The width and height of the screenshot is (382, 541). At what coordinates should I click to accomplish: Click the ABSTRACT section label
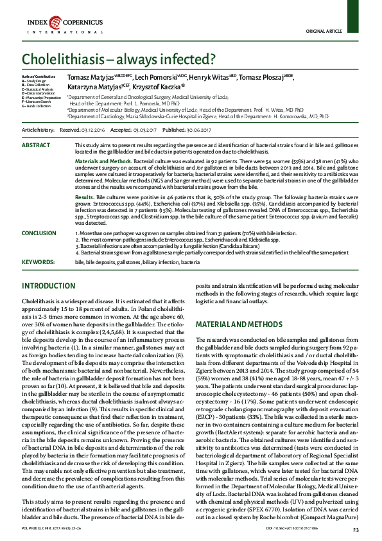point(36,146)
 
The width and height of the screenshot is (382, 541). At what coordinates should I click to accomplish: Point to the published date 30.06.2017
point(201,129)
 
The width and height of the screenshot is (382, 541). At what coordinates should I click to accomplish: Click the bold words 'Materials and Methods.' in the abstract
point(103,161)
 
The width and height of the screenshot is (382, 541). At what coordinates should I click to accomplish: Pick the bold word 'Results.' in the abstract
point(85,196)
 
